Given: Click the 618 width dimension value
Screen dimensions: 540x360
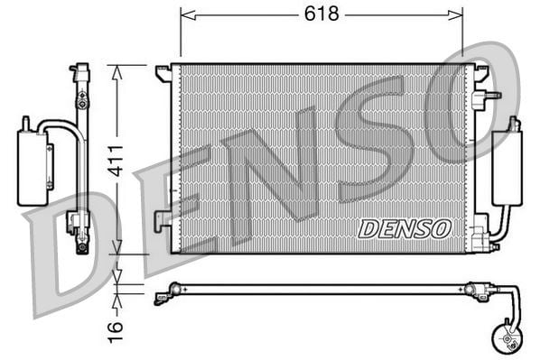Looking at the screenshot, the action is pos(321,14).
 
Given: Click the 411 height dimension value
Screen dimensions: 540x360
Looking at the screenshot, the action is pos(116,162).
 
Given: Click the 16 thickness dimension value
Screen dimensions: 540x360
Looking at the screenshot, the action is pos(116,332).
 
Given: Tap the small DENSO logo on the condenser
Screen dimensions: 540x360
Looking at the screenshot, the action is pos(405,229).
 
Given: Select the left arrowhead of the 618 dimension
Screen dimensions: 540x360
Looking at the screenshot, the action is pos(188,15).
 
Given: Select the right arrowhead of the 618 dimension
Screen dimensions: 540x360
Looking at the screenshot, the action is pos(455,15).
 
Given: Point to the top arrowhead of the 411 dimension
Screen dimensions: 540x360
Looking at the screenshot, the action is pos(117,73).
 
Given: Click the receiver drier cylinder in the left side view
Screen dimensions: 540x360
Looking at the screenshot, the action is pos(32,168).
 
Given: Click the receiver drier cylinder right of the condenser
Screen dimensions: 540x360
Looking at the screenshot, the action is pos(507,168).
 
